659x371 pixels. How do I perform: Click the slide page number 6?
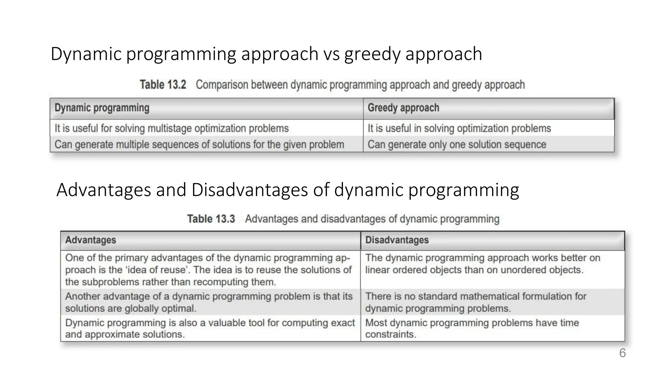[622, 353]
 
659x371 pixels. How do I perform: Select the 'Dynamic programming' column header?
[102, 108]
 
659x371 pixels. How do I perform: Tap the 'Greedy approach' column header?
[403, 108]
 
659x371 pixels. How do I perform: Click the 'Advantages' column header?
[90, 240]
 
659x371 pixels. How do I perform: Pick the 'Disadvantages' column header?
[397, 240]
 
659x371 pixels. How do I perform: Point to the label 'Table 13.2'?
[163, 85]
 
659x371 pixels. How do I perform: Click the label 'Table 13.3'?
[211, 219]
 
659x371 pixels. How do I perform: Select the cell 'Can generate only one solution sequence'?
[457, 145]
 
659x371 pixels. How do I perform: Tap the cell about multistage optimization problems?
[172, 128]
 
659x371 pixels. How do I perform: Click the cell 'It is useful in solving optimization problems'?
[459, 128]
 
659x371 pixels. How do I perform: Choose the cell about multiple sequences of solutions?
[199, 145]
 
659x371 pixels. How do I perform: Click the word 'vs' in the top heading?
[331, 54]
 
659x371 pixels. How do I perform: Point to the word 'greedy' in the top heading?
[372, 54]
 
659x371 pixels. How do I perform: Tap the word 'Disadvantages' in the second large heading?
[250, 190]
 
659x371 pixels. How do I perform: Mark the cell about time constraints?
[472, 328]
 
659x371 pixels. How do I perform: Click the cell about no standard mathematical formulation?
[476, 302]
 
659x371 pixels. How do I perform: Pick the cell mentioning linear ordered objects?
[483, 264]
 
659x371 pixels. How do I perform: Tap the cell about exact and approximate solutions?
[210, 328]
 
